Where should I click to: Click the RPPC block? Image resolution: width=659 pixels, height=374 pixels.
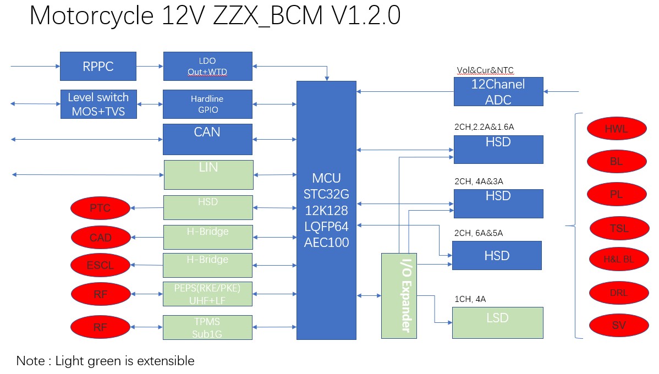[98, 66]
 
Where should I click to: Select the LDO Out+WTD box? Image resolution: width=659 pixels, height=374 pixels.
[207, 66]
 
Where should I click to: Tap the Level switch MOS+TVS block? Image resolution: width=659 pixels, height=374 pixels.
[98, 104]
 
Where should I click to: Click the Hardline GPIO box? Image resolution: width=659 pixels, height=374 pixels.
[207, 104]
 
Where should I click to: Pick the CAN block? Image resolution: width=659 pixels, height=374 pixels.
[207, 139]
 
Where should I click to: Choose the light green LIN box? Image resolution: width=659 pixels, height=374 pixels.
[208, 174]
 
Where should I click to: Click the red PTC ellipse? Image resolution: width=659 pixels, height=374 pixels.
[100, 208]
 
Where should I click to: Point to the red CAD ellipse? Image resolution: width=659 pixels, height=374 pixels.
[100, 238]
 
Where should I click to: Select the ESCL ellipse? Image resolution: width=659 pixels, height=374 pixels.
[100, 265]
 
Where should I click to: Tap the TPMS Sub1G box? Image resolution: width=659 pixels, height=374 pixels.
[207, 327]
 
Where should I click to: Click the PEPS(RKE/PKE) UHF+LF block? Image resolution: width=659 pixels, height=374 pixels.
[207, 294]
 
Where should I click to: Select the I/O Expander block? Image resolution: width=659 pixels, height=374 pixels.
[399, 295]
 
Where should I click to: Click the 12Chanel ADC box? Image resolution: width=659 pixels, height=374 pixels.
[498, 91]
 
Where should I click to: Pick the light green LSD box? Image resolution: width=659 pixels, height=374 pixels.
[497, 322]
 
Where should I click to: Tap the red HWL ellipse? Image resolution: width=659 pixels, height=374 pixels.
[616, 129]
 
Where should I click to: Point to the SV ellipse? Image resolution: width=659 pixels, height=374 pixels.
[618, 325]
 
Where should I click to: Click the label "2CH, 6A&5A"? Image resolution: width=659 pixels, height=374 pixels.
[478, 233]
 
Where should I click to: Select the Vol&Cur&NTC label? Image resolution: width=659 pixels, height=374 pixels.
[485, 70]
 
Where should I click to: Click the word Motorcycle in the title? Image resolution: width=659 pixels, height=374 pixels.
[91, 16]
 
